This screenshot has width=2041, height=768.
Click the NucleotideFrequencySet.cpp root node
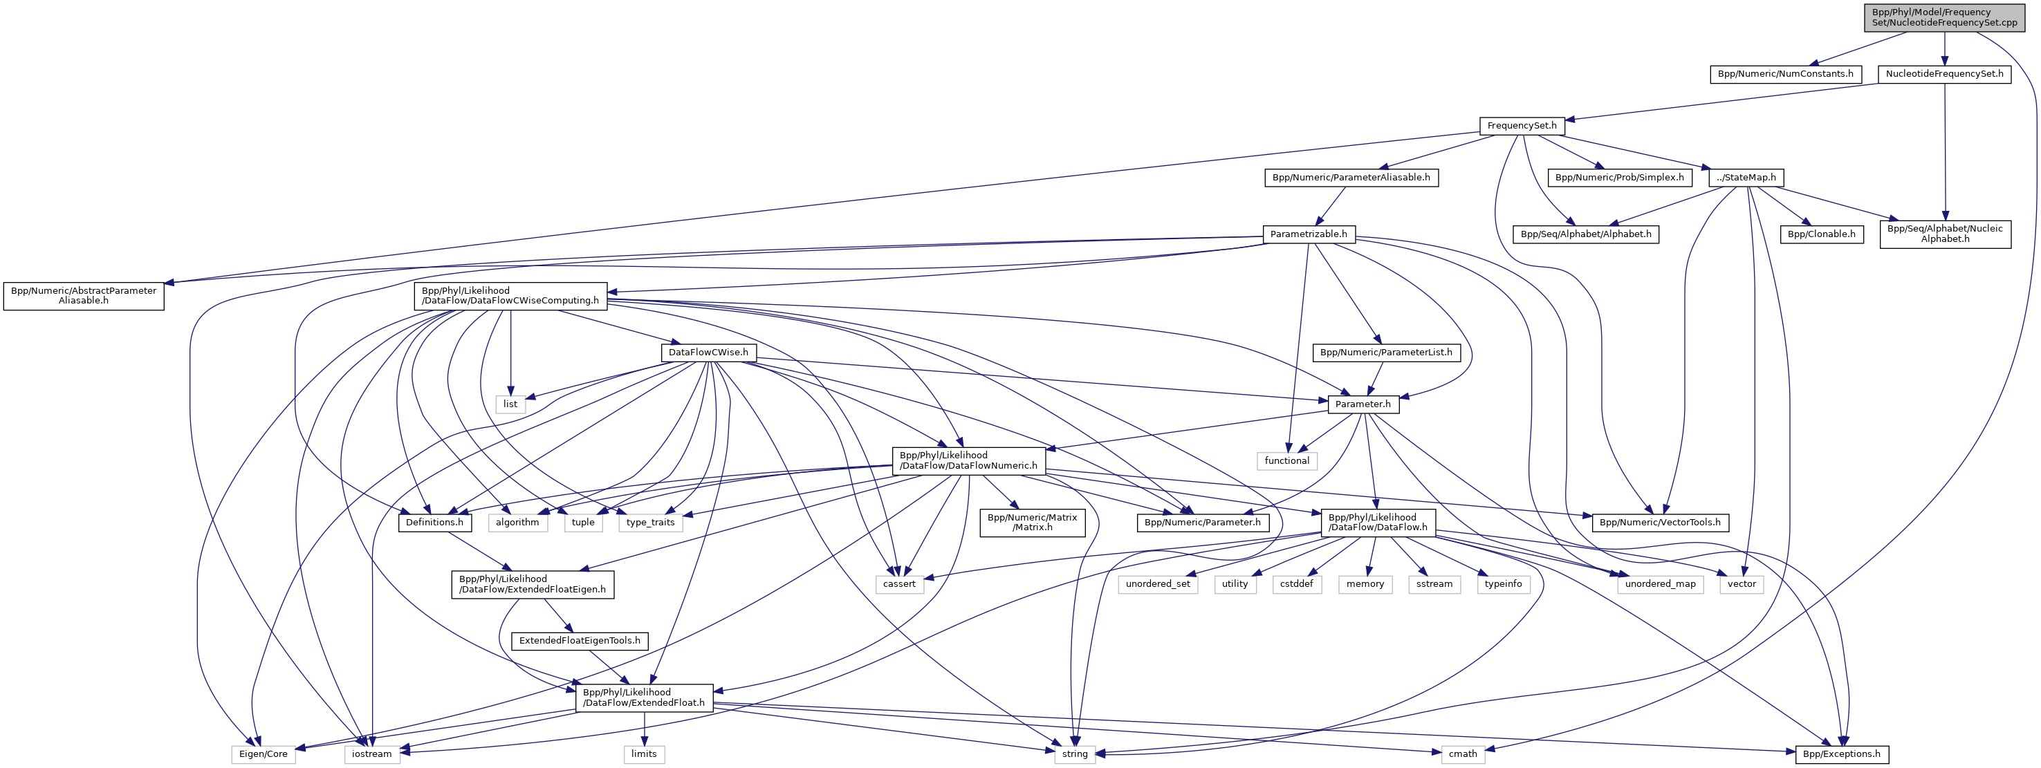click(x=1943, y=17)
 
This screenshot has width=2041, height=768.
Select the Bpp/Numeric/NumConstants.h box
click(x=1785, y=75)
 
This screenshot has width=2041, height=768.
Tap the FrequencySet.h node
click(x=1522, y=126)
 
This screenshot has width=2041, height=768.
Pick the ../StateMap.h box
click(x=1746, y=178)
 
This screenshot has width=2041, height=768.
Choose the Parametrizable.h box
click(x=1308, y=234)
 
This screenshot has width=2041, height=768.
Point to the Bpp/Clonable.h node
click(x=1822, y=234)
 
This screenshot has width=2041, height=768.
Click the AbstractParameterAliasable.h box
click(x=83, y=296)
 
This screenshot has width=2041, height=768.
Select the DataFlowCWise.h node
click(x=708, y=353)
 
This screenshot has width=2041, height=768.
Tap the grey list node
click(x=510, y=404)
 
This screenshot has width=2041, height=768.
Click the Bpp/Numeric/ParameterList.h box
click(x=1386, y=353)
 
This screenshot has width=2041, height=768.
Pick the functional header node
click(x=1286, y=461)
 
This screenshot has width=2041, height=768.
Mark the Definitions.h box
click(x=434, y=523)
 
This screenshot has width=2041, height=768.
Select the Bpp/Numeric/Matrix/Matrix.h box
click(x=1033, y=523)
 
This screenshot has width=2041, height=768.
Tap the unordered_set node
click(x=1158, y=584)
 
